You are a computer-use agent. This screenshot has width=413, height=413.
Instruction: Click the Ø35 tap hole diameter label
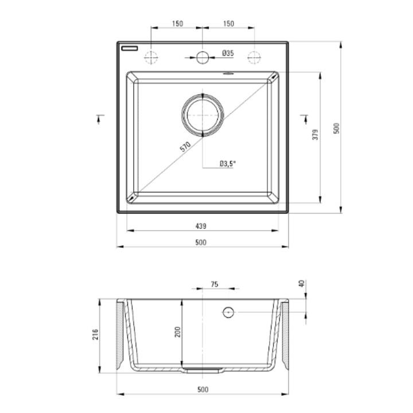pos(228,53)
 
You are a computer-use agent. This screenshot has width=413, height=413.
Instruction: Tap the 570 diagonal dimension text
pos(185,147)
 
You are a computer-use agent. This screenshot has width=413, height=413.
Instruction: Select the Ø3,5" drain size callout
pos(227,163)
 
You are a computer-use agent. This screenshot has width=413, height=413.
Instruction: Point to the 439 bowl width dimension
pos(201,226)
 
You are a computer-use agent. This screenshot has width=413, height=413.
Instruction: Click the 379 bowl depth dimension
pos(315,135)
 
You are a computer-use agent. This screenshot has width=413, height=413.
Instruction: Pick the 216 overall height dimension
pos(95,334)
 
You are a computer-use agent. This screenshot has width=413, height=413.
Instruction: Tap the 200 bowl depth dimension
pos(178,332)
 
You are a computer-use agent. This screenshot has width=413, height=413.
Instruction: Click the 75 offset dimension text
pos(215,284)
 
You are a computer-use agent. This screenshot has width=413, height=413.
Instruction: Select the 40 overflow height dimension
pos(302,284)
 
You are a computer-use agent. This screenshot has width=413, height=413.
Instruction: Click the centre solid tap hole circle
pos(202,57)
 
